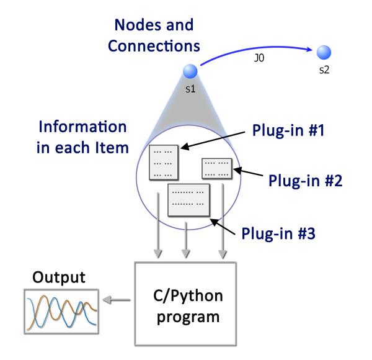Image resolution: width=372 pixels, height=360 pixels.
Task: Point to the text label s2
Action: coord(324,70)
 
